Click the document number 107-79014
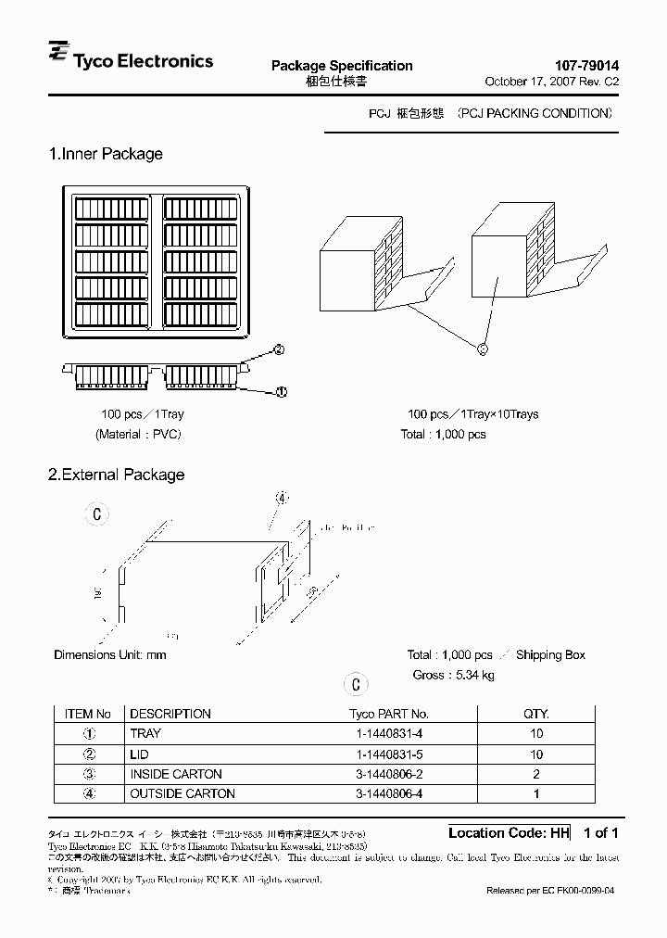click(x=586, y=66)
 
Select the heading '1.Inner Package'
click(x=106, y=154)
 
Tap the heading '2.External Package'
click(x=116, y=475)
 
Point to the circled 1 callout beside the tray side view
click(x=282, y=391)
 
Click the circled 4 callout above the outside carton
click(x=283, y=498)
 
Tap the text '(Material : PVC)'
click(x=138, y=434)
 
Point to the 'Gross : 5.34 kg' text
click(x=453, y=675)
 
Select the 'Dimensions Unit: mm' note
click(x=109, y=654)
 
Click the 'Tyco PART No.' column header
click(x=388, y=714)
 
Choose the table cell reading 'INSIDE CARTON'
click(x=176, y=774)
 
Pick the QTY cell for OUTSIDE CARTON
click(x=535, y=793)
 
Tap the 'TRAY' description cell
click(x=145, y=733)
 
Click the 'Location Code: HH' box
click(x=509, y=832)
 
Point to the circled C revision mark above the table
click(x=355, y=685)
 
